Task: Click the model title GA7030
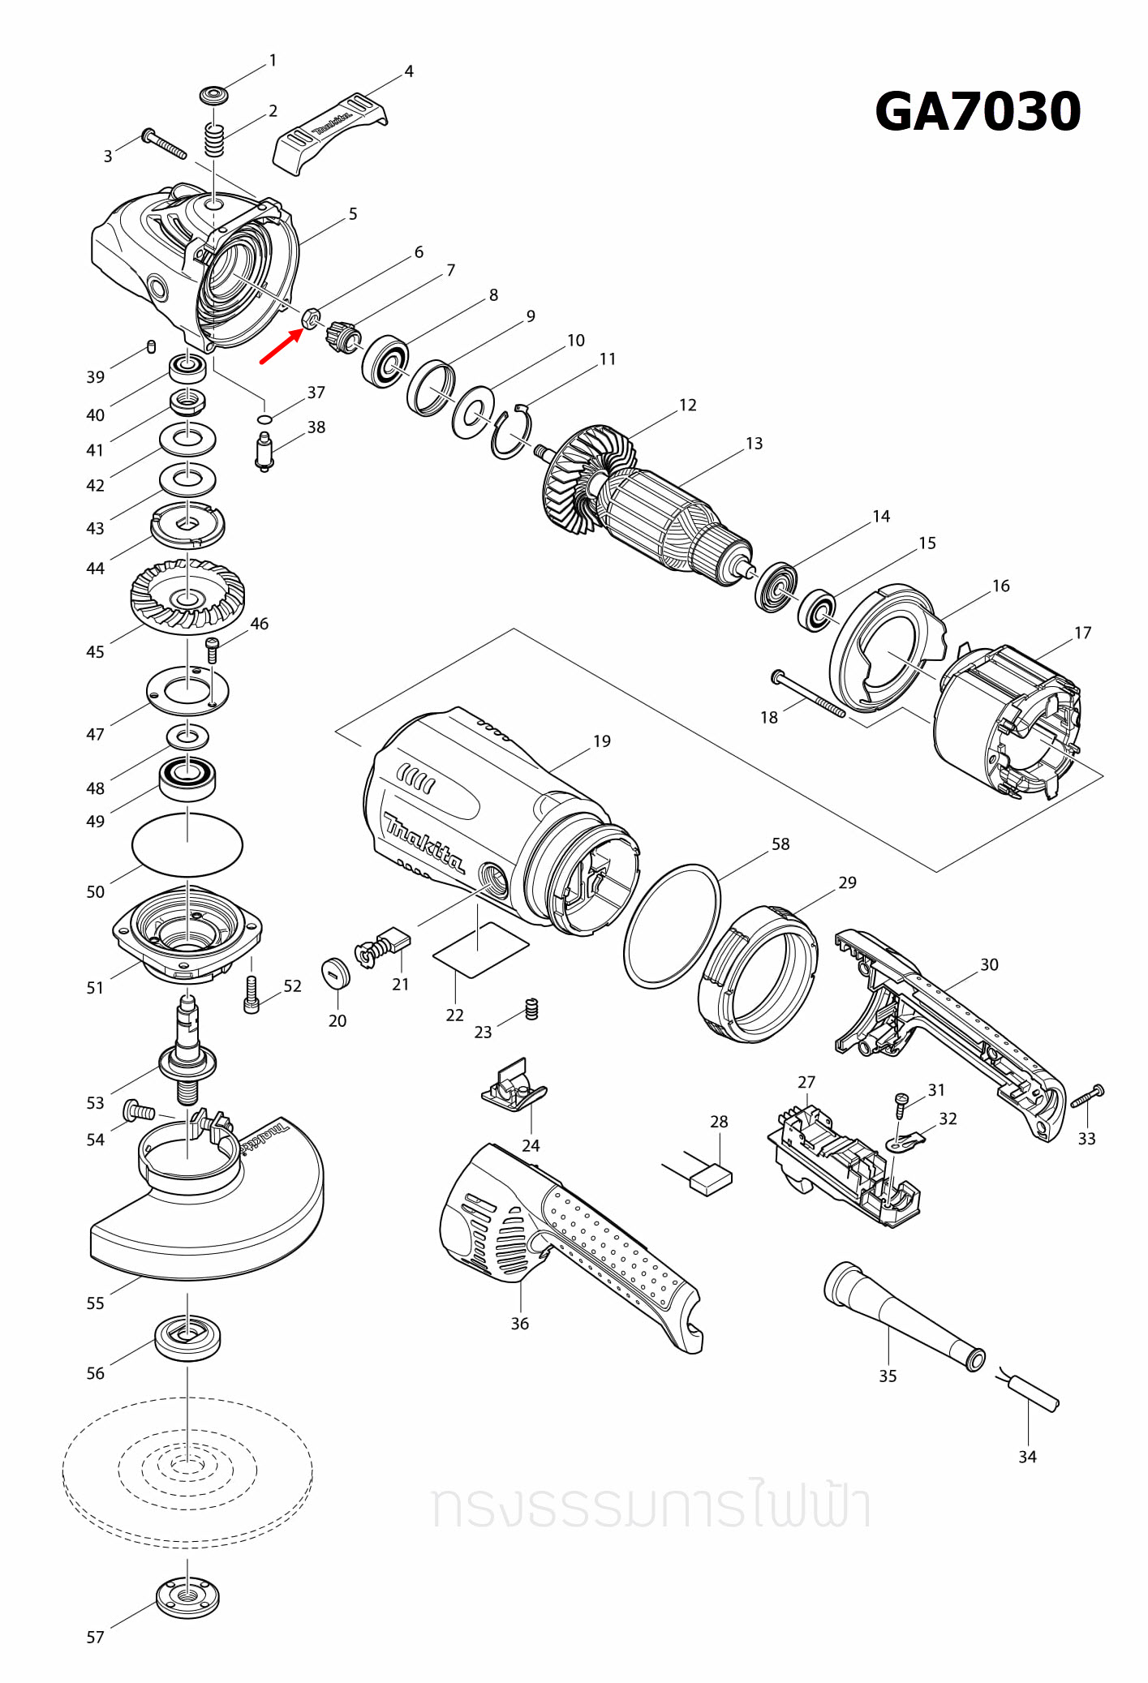pos(977,112)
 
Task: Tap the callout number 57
pos(95,1637)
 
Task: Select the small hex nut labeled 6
pos(310,318)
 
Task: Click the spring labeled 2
pos(213,141)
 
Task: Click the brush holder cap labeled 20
pos(335,972)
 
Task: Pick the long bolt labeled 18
pos(808,694)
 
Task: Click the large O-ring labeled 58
pos(672,925)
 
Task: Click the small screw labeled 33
pos(1089,1096)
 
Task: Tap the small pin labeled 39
pos(152,347)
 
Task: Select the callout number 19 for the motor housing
pos(601,741)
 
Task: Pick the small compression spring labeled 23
pos(532,1008)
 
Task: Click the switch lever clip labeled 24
pos(514,1087)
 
